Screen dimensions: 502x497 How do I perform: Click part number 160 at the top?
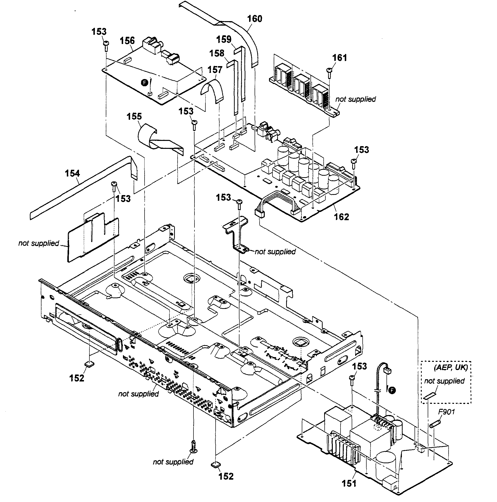coord(255,19)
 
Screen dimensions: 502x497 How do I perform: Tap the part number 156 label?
coord(127,41)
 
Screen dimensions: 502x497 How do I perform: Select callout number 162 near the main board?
coord(341,217)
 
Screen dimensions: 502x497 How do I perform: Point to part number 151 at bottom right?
coord(349,483)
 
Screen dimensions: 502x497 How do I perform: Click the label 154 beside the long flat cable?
coord(72,173)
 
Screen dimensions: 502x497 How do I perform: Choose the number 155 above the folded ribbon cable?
coord(134,116)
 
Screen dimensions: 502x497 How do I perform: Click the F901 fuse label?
coord(446,412)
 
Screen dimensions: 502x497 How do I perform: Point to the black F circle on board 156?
coord(144,83)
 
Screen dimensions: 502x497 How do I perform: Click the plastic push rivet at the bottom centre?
coord(193,446)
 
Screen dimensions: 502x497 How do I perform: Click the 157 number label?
coord(215,70)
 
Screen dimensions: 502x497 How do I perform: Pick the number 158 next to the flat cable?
coord(217,53)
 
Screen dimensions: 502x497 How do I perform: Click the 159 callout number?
coord(224,40)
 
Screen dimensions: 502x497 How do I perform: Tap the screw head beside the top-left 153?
coord(106,44)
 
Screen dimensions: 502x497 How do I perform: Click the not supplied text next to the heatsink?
coord(355,99)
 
